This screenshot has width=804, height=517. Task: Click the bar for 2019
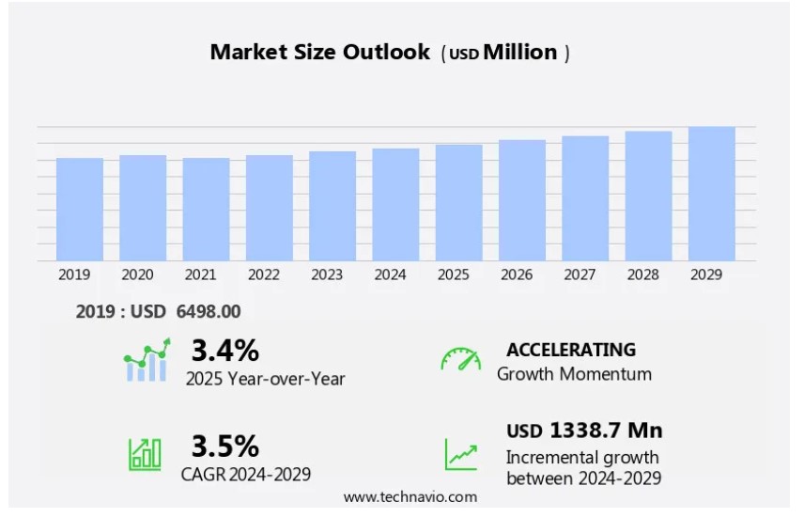click(80, 210)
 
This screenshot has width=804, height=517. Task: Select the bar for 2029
click(711, 194)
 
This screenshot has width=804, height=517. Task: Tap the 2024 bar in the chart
click(395, 205)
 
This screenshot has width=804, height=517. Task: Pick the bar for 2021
click(206, 210)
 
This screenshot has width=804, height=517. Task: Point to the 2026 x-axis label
click(517, 274)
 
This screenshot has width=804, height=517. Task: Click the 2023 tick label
click(327, 274)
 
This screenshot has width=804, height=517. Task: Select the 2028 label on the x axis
click(642, 274)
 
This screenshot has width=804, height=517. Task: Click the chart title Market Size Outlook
click(320, 53)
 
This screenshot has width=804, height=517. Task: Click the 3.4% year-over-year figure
click(224, 351)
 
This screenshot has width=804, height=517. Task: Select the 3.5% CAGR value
click(224, 446)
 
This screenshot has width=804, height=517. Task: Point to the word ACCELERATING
click(570, 350)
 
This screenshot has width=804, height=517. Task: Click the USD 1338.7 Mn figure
click(584, 431)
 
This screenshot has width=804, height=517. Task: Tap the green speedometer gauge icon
click(460, 360)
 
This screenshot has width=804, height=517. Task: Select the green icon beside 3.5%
click(145, 454)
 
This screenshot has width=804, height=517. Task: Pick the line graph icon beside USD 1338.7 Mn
click(460, 455)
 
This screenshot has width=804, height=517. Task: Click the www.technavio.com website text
click(410, 497)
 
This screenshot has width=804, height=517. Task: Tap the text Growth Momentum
click(574, 374)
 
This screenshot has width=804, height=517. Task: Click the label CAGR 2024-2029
click(246, 474)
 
